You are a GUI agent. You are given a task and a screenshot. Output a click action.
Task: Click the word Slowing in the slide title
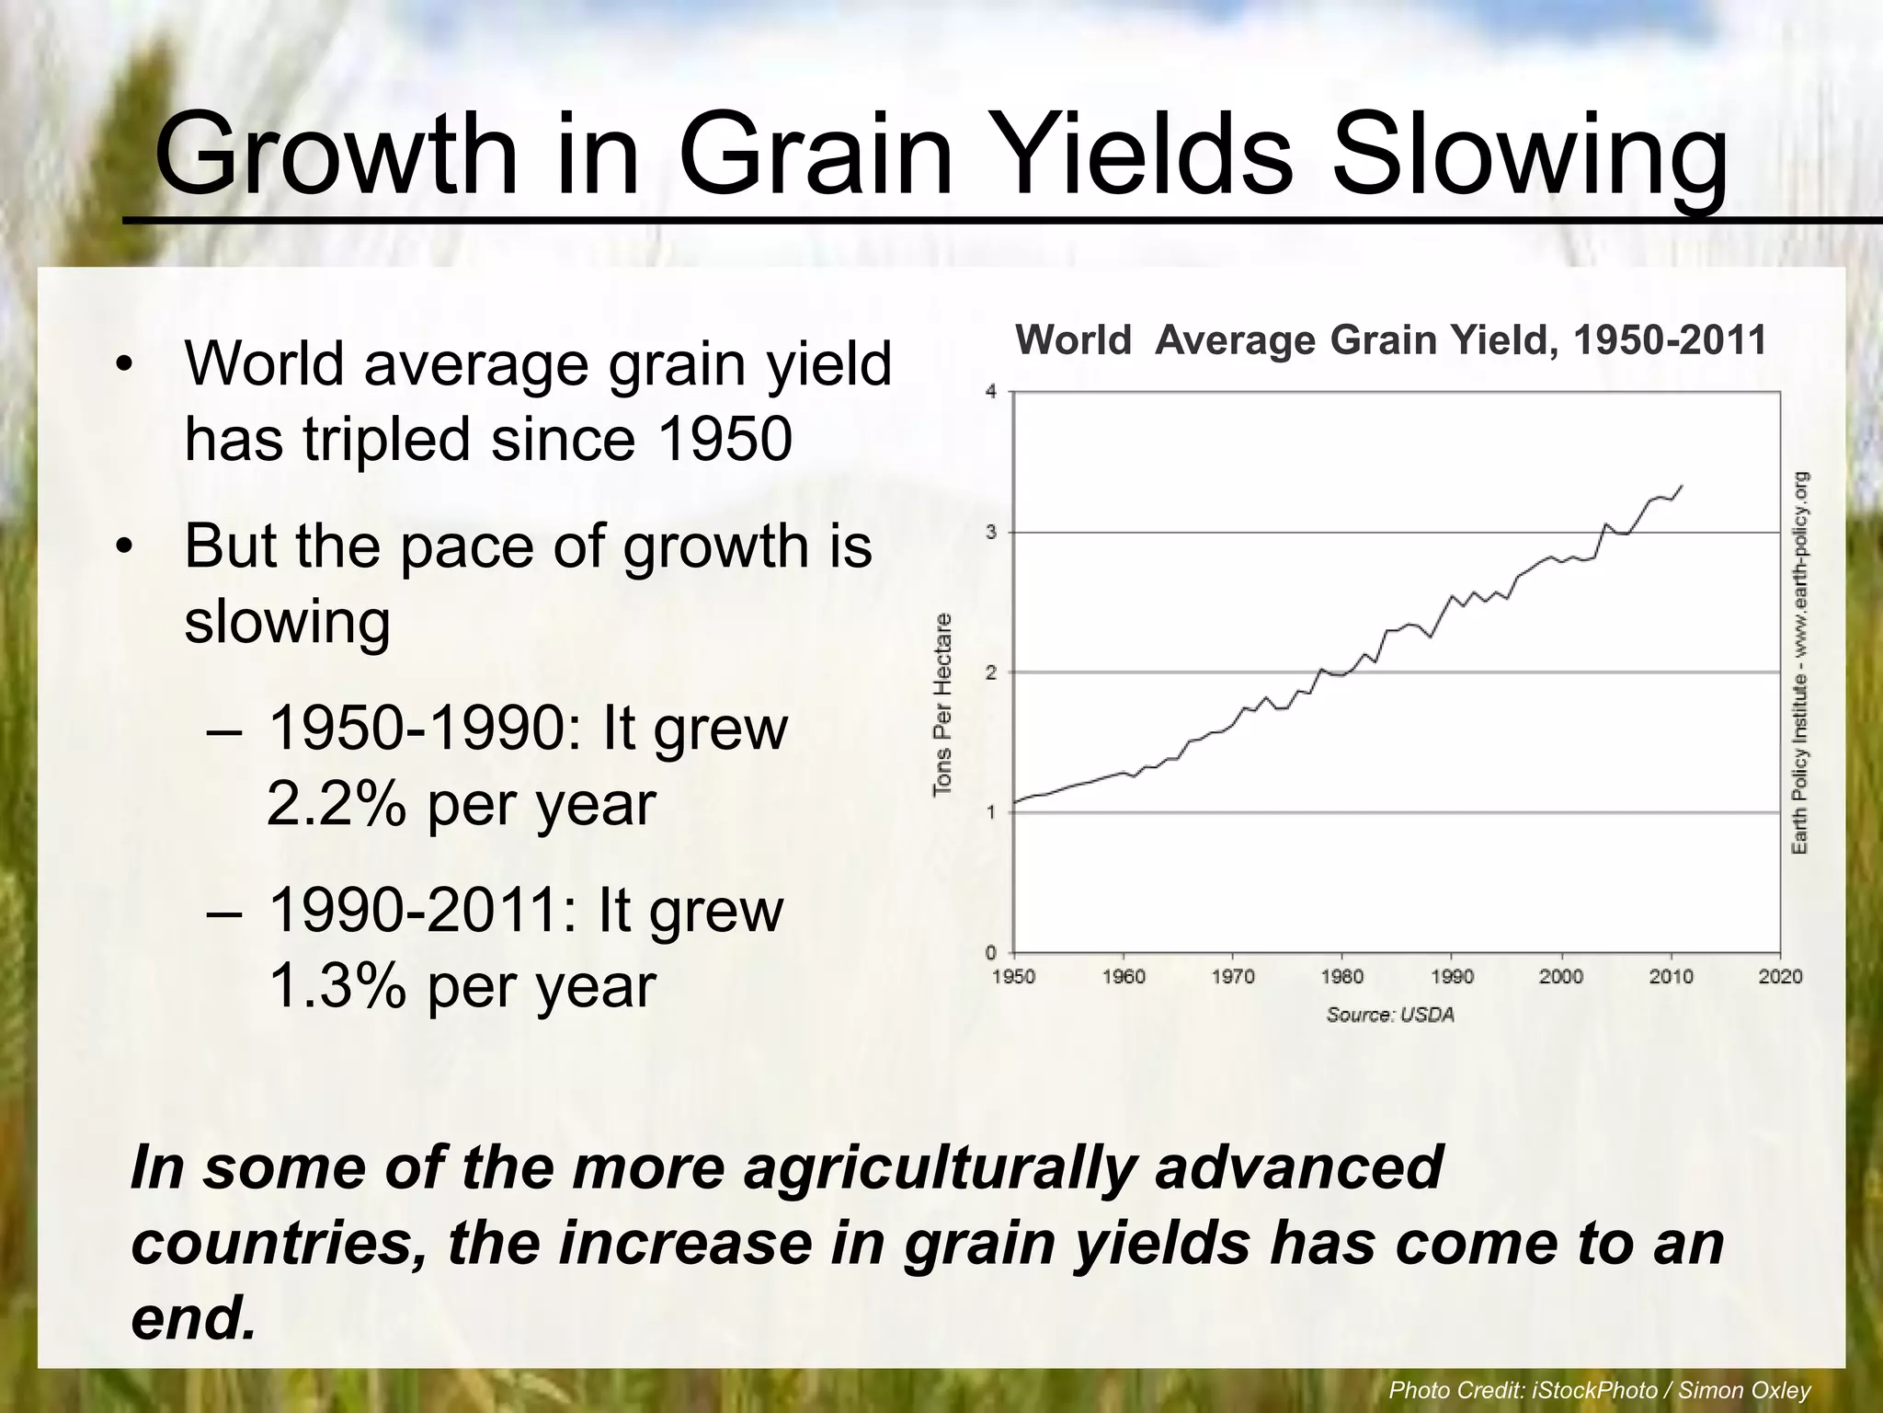coord(1530,155)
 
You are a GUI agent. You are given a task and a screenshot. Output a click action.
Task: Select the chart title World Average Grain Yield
coord(1390,340)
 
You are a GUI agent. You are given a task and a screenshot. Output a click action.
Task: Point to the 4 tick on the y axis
coord(990,392)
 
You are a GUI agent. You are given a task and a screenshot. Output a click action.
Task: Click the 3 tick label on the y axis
coord(990,533)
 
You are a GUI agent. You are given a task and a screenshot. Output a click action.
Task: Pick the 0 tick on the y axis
coord(990,953)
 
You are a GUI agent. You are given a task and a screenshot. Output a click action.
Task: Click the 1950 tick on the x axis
coord(1013,977)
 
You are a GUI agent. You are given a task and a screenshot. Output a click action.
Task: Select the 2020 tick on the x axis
coord(1780,977)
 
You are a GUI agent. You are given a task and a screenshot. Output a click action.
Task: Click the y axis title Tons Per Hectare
coord(942,704)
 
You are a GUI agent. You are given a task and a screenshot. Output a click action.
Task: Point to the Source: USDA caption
coord(1390,1016)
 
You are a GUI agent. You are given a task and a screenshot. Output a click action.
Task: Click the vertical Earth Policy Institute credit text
coord(1800,662)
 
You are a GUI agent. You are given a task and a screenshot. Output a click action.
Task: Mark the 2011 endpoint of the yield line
coord(1682,486)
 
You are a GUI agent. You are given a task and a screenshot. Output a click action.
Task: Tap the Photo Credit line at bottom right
coord(1599,1390)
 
